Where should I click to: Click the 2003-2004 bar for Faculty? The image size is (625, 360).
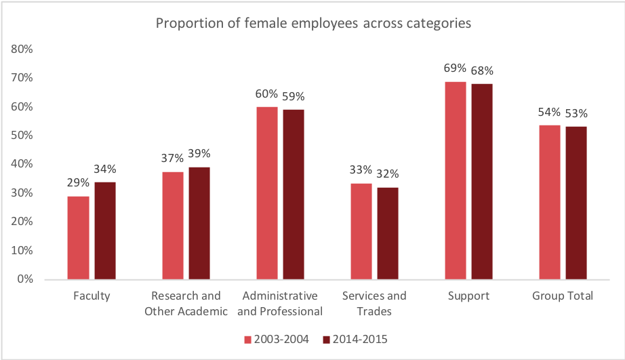[78, 237]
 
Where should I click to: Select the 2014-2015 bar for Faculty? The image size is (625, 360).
[105, 231]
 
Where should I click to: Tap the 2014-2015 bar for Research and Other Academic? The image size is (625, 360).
[199, 223]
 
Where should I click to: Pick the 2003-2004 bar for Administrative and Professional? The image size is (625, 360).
[266, 193]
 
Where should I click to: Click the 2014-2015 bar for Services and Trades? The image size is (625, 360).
[388, 233]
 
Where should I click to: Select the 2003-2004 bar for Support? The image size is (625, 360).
[455, 180]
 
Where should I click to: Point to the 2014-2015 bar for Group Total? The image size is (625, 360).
[576, 203]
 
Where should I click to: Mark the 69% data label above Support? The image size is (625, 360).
[455, 68]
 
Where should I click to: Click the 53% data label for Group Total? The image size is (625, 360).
[576, 113]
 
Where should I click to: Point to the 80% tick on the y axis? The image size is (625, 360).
[22, 49]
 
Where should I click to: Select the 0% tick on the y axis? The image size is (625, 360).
[25, 279]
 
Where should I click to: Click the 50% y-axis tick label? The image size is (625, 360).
[22, 136]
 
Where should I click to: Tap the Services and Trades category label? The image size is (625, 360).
[374, 303]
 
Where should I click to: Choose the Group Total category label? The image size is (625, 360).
[563, 296]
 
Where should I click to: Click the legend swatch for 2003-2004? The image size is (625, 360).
[248, 338]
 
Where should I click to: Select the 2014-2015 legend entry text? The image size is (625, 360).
[359, 338]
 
